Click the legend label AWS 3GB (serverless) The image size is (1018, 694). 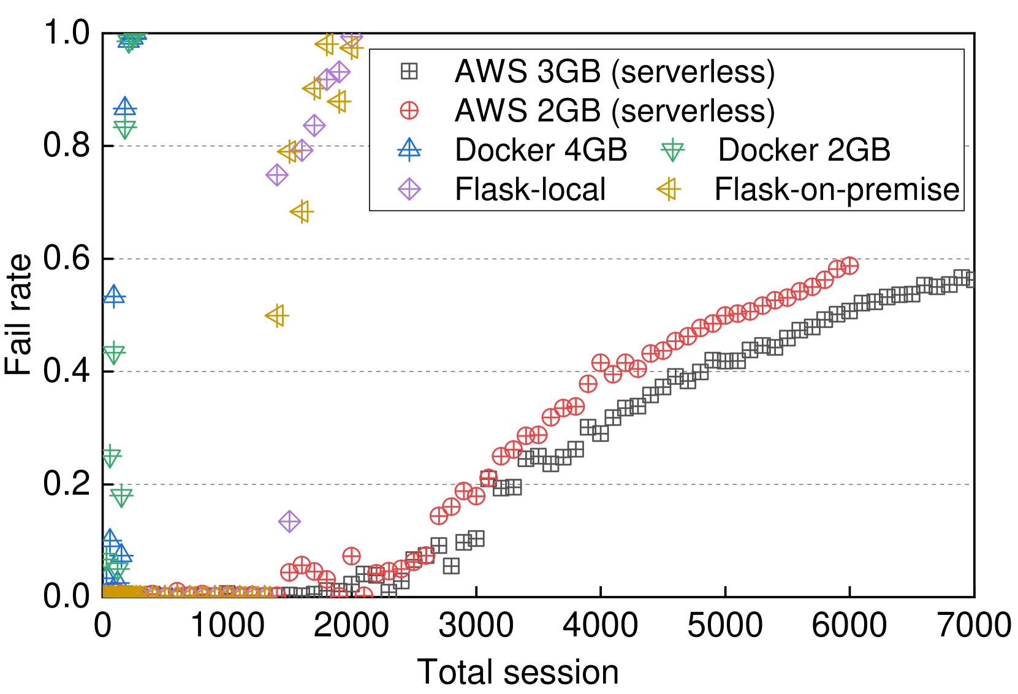coord(615,72)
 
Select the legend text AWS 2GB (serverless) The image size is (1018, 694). coord(615,111)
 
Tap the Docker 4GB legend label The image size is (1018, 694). coord(541,150)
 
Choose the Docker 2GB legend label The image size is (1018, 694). coord(804,150)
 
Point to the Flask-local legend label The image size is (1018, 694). coord(530,189)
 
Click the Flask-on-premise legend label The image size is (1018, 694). coord(837,189)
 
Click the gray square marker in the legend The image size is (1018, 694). coord(409,72)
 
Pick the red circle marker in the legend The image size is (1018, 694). coord(409,111)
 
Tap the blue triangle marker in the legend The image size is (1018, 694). coord(409,150)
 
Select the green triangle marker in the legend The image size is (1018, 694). coord(672,150)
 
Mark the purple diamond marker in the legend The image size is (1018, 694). coord(409,189)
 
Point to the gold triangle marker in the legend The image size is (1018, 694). coord(669,189)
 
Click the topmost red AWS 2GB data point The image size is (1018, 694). coord(849,266)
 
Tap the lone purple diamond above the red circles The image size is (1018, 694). coord(289,522)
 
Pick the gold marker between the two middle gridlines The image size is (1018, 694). coord(277,316)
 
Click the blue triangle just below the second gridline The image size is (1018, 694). coord(114,297)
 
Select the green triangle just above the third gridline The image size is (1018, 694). coord(114,353)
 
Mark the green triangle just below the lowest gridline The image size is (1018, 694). coord(121,495)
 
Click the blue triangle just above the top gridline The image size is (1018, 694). coord(125,108)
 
